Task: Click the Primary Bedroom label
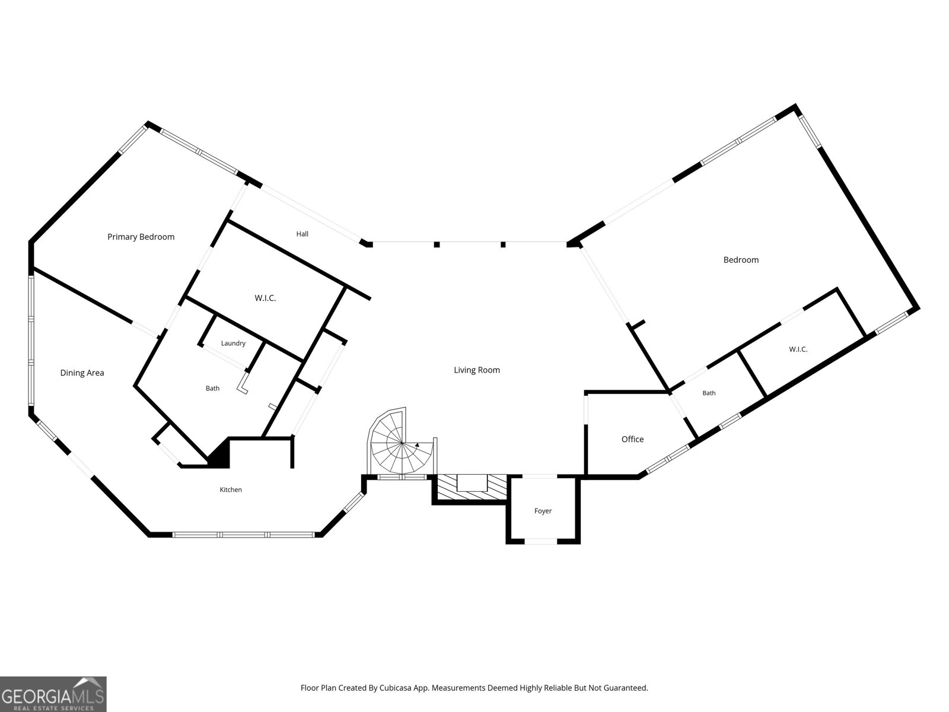(141, 237)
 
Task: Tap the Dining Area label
(82, 373)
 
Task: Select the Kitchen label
(231, 490)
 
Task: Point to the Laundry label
(233, 344)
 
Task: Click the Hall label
(302, 234)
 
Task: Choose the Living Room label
(477, 370)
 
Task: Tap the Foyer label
(543, 511)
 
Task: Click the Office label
(632, 439)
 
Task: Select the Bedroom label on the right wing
(741, 260)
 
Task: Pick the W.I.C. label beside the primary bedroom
(265, 298)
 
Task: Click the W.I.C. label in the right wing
(798, 349)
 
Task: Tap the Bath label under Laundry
(213, 388)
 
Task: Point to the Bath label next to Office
(709, 393)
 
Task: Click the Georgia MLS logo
(53, 694)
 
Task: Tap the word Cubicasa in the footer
(395, 687)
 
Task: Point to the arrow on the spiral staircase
(417, 444)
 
